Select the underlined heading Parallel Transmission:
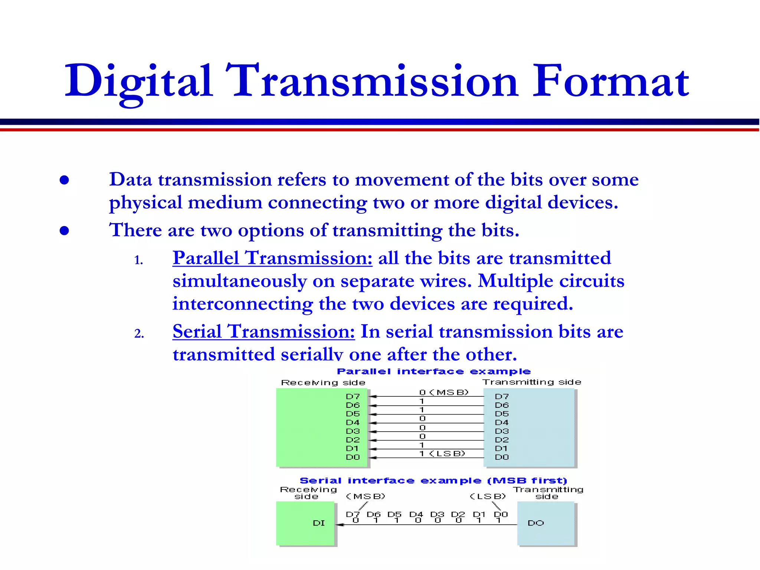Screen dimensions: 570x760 (272, 258)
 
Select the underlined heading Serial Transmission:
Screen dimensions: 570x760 (263, 331)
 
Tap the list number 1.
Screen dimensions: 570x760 (138, 261)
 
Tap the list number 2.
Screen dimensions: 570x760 (139, 334)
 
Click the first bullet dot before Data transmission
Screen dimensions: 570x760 (64, 180)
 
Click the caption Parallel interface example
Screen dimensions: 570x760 (433, 371)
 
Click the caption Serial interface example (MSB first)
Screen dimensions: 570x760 (433, 481)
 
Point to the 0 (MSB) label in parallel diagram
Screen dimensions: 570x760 (444, 392)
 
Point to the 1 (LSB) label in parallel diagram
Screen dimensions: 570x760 (442, 453)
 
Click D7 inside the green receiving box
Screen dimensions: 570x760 (353, 396)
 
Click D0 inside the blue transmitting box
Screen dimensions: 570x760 (502, 457)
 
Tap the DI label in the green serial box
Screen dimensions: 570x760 (319, 523)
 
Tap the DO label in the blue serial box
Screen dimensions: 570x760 (535, 523)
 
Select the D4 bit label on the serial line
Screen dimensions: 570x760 (416, 514)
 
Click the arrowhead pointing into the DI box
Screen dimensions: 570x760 (340, 525)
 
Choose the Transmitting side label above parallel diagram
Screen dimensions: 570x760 (531, 382)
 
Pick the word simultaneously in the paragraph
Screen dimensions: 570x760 (239, 281)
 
